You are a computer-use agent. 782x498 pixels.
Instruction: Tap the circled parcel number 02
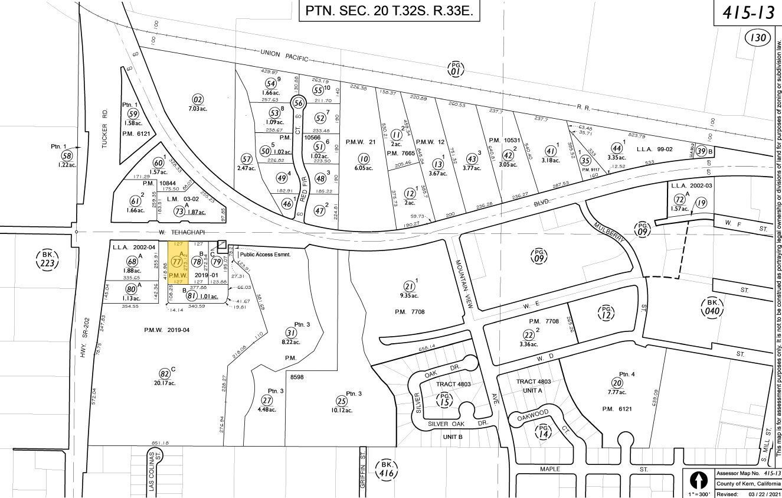pos(198,99)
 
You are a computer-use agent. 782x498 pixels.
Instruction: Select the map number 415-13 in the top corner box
pos(748,13)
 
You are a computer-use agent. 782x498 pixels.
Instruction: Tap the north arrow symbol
pos(699,479)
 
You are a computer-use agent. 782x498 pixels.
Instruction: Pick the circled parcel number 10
pos(364,158)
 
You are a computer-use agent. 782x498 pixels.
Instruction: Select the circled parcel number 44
pos(617,148)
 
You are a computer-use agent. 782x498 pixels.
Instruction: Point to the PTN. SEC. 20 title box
pos(390,11)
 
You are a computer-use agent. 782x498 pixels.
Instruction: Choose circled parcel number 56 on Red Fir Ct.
pos(299,103)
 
